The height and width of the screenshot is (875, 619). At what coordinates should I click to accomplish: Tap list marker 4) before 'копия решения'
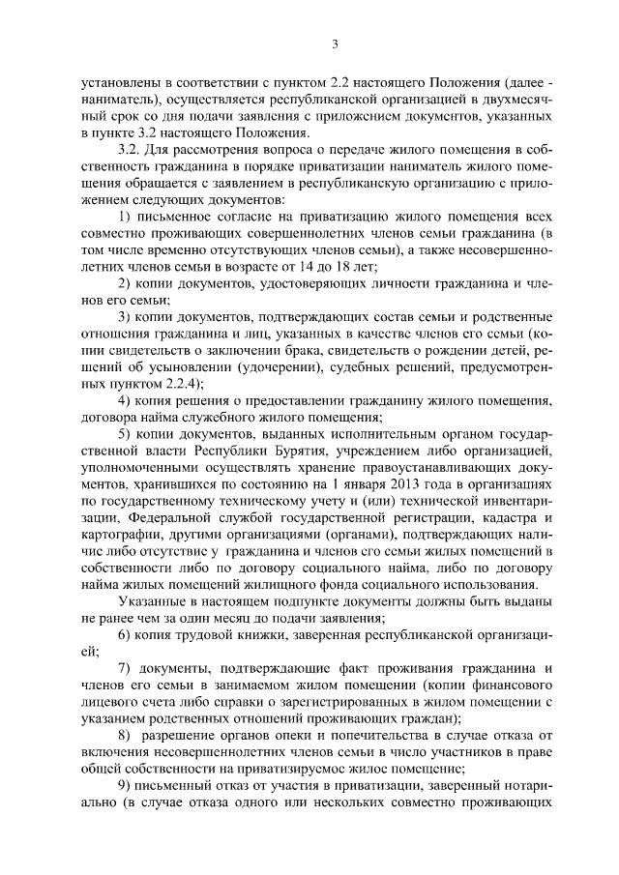tap(124, 399)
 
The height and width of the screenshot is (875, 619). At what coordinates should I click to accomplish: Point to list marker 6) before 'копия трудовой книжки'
tap(124, 634)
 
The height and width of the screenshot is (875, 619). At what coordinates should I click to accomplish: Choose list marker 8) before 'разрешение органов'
tap(124, 736)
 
